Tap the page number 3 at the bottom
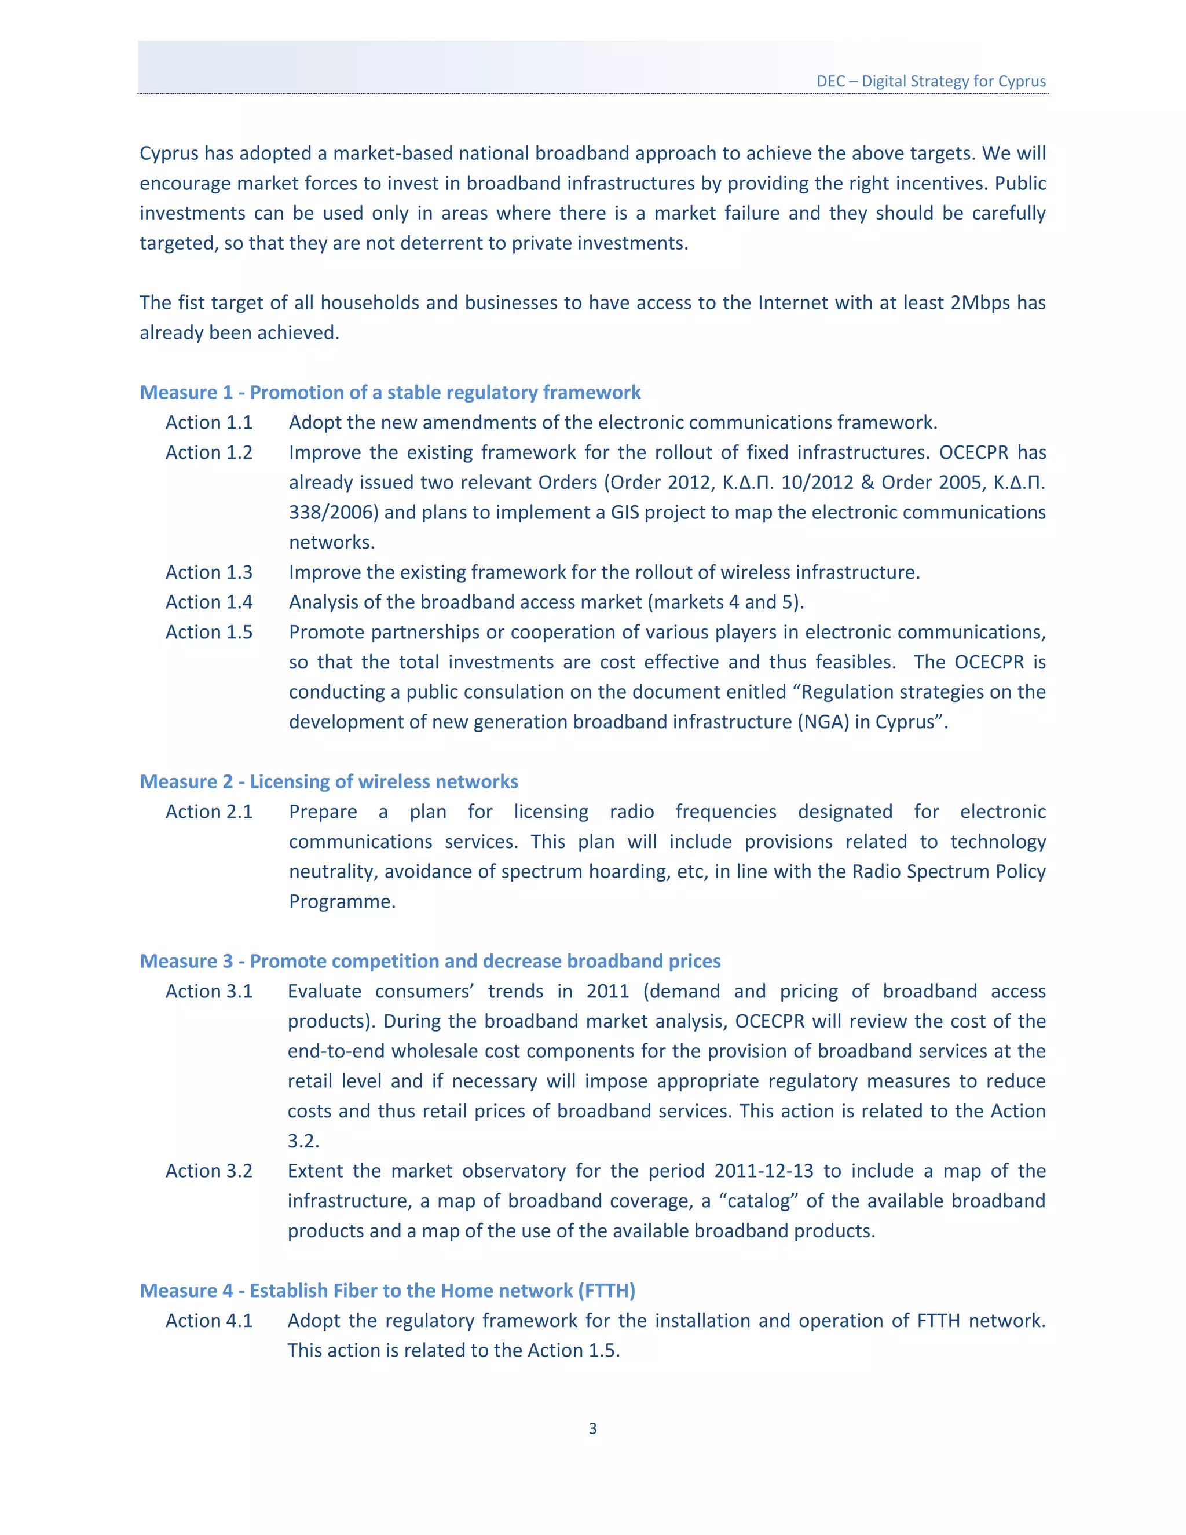592,1428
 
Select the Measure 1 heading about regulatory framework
390,392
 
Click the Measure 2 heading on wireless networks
329,781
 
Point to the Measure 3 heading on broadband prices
430,961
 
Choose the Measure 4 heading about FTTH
387,1291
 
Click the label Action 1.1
208,422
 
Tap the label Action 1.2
208,452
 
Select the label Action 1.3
208,572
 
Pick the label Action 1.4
208,602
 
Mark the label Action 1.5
208,632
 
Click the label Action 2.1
208,812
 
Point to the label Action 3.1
208,991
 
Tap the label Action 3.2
208,1171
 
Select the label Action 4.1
208,1321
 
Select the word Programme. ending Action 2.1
342,902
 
